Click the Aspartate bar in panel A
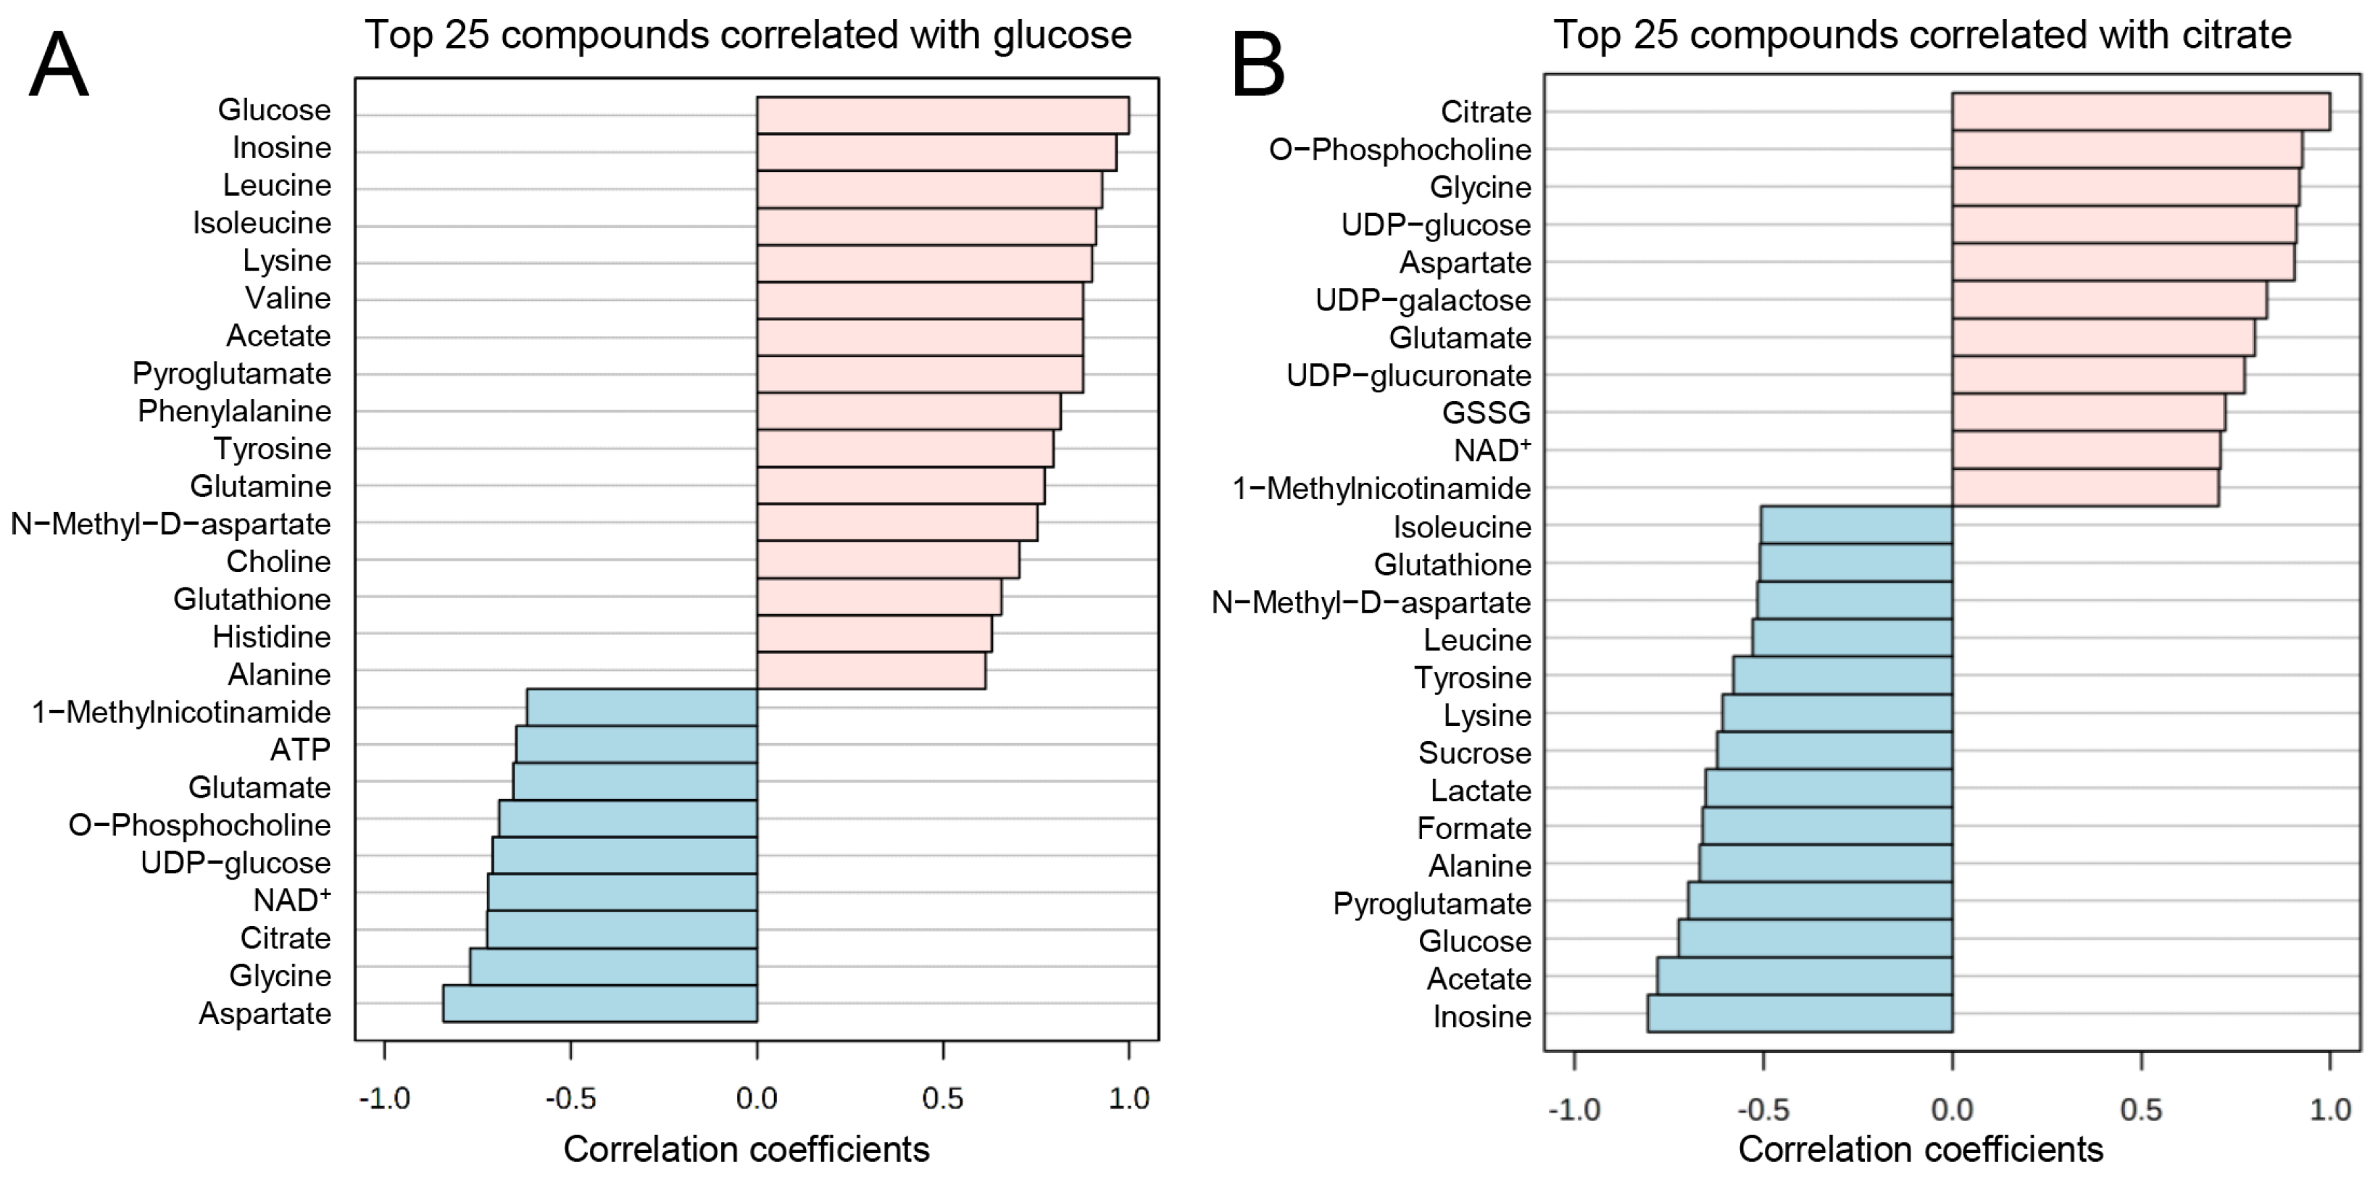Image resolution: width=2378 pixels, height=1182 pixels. point(600,1004)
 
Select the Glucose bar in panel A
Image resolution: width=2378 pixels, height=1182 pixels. point(941,115)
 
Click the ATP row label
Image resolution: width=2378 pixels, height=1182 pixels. point(300,750)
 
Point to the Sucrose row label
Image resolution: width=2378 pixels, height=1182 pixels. point(1474,753)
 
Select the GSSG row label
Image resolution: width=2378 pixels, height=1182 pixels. point(1487,413)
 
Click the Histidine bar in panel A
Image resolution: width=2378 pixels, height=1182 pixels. point(873,635)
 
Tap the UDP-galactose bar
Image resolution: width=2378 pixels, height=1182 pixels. point(2108,300)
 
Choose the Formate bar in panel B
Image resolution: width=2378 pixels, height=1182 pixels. point(1827,825)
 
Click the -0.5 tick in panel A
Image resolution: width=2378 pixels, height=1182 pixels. point(570,1099)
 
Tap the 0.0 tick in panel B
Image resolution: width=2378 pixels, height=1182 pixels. point(1952,1109)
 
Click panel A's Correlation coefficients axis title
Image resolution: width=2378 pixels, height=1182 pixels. point(746,1149)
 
